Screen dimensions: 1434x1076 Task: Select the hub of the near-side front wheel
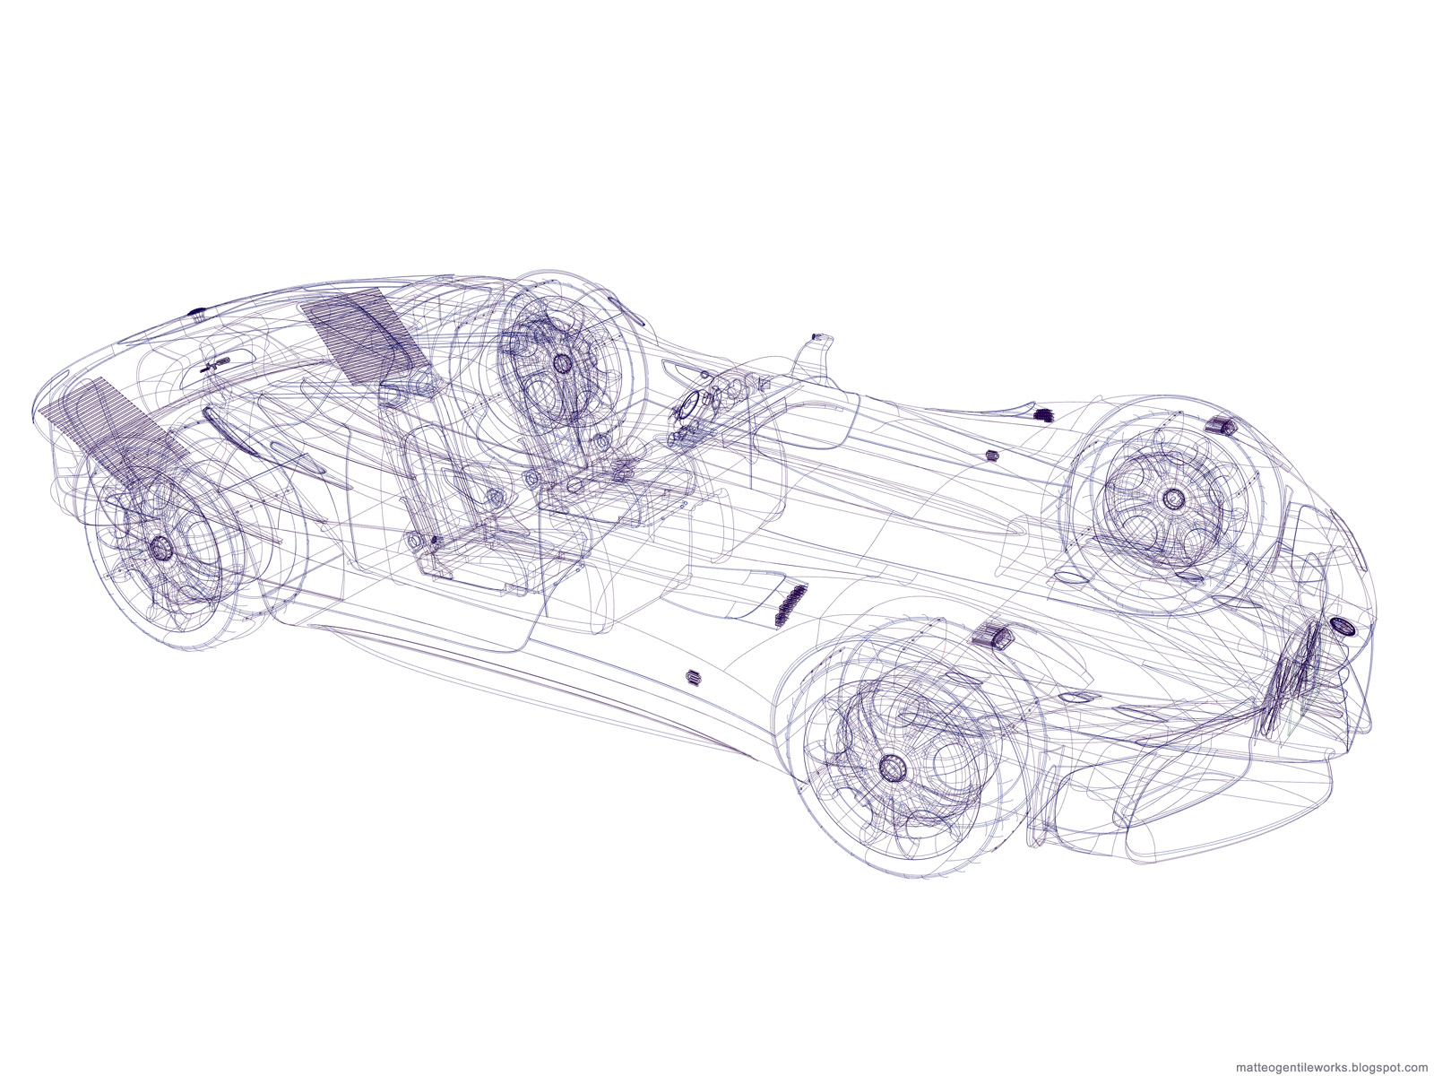coord(891,767)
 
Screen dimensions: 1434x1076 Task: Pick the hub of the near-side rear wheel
coord(160,548)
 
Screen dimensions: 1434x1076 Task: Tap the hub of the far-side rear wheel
coord(560,362)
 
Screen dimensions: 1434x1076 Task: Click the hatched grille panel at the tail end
coord(112,428)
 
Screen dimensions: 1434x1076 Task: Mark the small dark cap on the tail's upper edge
coord(198,311)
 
